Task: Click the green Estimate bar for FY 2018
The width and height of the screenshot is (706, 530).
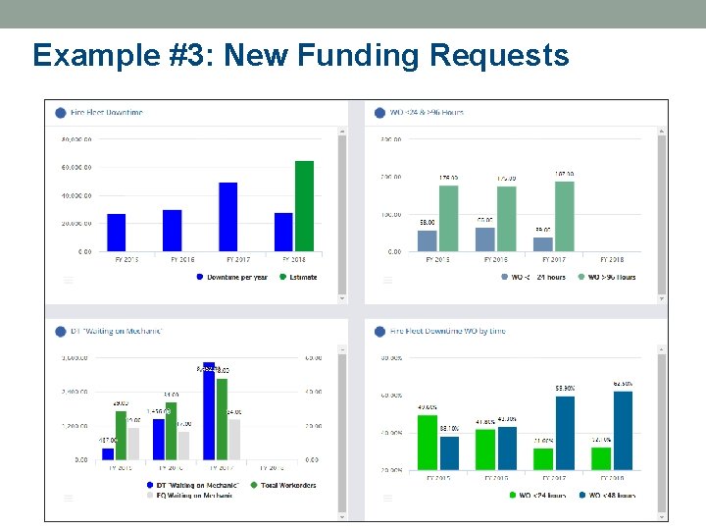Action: pos(304,206)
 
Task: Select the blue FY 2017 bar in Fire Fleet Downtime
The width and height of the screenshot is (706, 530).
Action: pos(228,217)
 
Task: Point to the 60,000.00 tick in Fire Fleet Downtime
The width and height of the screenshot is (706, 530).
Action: pos(76,168)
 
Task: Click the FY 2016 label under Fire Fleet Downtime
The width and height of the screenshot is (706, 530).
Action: pos(181,260)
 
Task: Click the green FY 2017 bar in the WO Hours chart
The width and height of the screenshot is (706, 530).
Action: pos(564,216)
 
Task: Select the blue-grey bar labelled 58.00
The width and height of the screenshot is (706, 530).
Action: pos(428,240)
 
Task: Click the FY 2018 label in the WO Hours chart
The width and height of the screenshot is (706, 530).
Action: pos(609,260)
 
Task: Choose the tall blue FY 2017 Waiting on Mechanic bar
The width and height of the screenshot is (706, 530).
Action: pos(209,411)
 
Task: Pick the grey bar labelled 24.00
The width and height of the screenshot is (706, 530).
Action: pos(234,439)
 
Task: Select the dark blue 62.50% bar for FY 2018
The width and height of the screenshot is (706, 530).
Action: pos(623,430)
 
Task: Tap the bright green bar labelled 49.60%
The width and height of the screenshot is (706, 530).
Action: pos(427,442)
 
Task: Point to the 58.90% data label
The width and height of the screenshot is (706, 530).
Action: pos(565,390)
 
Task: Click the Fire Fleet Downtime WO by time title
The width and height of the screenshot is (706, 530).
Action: pos(447,332)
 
